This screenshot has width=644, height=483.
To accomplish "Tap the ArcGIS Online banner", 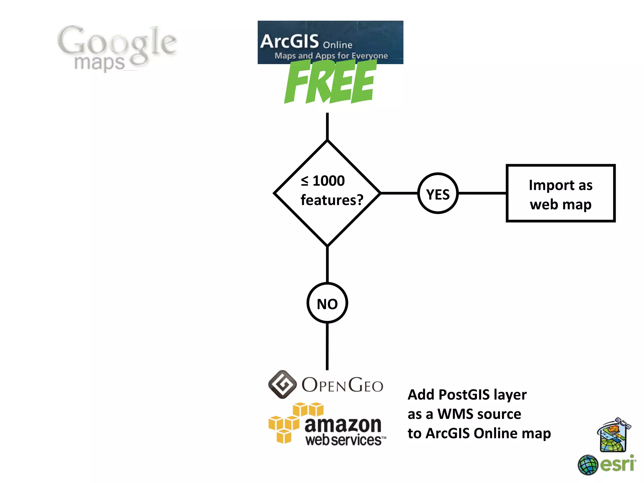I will (330, 42).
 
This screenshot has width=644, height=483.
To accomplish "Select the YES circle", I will (438, 193).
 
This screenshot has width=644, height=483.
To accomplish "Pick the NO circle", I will (327, 303).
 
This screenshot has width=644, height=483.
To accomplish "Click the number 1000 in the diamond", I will (329, 181).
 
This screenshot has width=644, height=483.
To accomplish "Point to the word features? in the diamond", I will (332, 200).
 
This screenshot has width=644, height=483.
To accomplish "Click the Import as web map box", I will (560, 193).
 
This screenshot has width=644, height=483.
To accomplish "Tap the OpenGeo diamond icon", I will (282, 384).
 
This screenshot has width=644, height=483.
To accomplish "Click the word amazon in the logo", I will (343, 425).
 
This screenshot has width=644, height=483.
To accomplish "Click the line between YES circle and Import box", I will (482, 193).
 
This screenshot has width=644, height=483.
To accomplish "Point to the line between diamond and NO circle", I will (327, 264).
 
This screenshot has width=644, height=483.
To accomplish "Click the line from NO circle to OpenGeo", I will (327, 346).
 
